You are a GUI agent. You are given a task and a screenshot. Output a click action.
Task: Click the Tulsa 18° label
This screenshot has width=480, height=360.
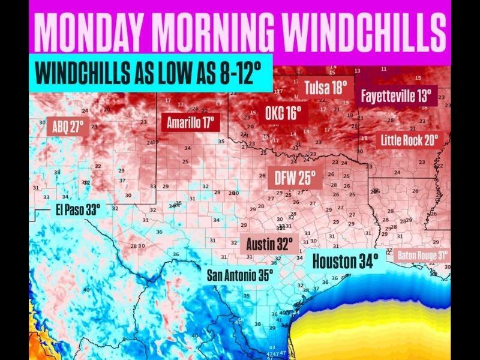click(x=326, y=88)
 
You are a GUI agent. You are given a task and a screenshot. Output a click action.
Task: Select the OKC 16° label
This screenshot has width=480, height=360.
click(x=283, y=112)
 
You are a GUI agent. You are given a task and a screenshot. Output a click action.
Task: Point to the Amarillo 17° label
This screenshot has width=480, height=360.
click(x=190, y=122)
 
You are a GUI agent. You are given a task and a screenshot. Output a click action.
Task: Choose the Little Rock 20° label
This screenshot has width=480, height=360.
click(x=410, y=140)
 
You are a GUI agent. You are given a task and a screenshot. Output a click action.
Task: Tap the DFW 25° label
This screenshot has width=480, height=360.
click(x=295, y=177)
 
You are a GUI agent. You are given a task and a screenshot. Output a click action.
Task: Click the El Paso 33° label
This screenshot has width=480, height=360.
click(x=78, y=209)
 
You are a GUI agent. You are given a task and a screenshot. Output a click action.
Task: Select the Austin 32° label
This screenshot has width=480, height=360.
click(x=269, y=244)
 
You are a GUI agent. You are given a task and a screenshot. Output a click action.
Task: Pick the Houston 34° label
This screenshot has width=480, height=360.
click(x=346, y=262)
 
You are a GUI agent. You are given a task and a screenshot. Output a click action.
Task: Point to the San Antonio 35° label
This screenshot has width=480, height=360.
click(x=240, y=275)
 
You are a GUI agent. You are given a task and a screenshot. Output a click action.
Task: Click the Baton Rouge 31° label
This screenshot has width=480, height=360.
click(x=423, y=254)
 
